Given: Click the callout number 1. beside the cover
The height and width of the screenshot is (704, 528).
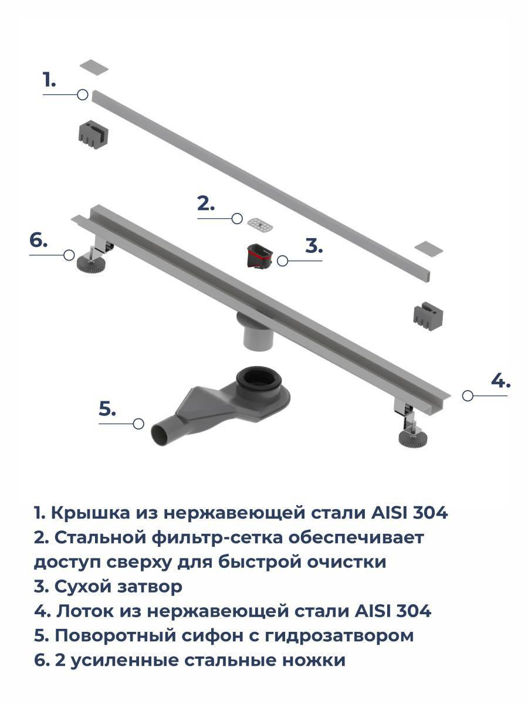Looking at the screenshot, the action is [49, 80].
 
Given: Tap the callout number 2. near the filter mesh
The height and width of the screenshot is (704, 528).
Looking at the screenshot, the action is [206, 204].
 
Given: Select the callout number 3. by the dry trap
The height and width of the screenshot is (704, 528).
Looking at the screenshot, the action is [314, 246].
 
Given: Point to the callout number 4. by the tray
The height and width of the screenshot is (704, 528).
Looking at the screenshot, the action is [501, 381].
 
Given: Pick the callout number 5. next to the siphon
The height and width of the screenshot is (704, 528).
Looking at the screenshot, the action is [107, 408].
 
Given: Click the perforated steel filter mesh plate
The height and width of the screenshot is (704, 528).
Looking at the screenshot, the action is [260, 224].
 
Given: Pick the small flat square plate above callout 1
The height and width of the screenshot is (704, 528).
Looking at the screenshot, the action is [94, 67].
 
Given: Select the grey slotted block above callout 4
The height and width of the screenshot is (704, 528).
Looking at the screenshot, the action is [428, 317].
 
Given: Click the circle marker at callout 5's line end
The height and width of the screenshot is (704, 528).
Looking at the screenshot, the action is [138, 424].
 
